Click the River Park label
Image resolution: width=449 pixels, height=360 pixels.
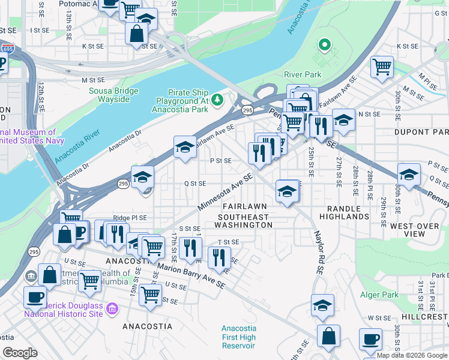pyautogui.click(x=303, y=74)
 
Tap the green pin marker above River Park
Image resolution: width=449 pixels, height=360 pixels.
pyautogui.click(x=325, y=45)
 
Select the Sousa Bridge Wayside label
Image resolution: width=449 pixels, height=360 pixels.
pyautogui.click(x=114, y=95)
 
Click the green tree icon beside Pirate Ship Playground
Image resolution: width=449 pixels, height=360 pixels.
pyautogui.click(x=218, y=98)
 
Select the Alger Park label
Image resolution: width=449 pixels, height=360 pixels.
pyautogui.click(x=379, y=295)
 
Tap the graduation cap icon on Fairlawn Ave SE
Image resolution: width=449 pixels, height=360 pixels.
pyautogui.click(x=185, y=146)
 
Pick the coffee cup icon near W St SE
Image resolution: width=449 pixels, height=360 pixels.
pyautogui.click(x=370, y=340)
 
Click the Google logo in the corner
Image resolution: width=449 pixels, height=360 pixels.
pyautogui.click(x=20, y=353)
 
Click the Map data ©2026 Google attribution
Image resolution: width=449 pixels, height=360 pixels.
pyautogui.click(x=412, y=355)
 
